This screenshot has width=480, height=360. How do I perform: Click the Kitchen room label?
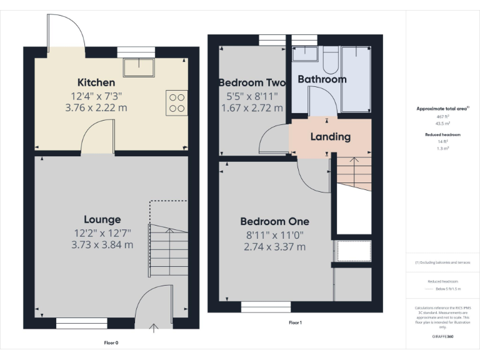click(x=96, y=82)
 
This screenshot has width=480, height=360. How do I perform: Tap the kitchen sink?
click(x=139, y=67)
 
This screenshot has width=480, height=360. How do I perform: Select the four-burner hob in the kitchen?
click(x=176, y=102)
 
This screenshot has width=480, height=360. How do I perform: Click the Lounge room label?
click(x=102, y=219)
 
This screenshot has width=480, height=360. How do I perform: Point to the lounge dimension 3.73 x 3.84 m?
click(x=102, y=245)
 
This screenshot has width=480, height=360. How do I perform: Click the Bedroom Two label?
click(x=252, y=82)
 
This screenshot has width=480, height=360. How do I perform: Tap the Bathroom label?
click(x=322, y=79)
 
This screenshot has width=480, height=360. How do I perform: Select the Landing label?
click(x=331, y=137)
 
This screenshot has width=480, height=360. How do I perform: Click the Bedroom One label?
click(x=274, y=221)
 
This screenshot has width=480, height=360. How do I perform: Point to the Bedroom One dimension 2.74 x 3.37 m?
click(x=274, y=247)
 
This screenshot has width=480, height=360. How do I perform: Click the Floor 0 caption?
click(x=111, y=342)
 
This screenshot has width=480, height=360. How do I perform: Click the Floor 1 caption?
click(x=295, y=322)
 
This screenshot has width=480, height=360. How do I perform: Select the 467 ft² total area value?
click(x=442, y=117)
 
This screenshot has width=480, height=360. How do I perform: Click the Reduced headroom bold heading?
click(x=442, y=134)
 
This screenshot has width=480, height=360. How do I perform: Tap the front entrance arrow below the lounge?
click(x=154, y=325)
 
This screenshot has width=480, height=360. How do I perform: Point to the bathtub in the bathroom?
click(x=356, y=81)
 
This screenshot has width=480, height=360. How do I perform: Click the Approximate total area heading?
click(x=442, y=109)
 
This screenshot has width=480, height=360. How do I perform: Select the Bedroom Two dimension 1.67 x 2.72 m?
click(x=252, y=108)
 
